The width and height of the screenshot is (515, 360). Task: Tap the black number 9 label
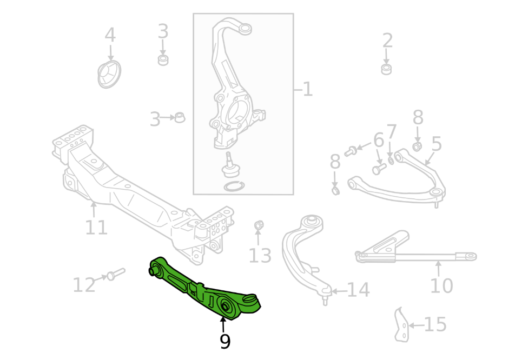tap(225, 342)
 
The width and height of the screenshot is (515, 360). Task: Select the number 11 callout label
tap(96, 228)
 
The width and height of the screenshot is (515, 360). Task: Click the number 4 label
tap(110, 36)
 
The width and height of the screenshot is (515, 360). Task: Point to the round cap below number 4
tap(109, 75)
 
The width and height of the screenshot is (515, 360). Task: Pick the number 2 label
tap(387, 41)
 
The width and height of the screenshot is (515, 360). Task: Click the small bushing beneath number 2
tap(386, 69)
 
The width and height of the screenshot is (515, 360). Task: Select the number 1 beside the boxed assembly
tap(307, 89)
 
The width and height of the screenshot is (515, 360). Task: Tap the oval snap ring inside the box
tap(233, 187)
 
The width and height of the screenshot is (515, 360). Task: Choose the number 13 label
tap(260, 255)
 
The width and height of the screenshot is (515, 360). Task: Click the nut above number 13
tap(258, 224)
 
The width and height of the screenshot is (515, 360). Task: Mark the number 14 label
tap(358, 290)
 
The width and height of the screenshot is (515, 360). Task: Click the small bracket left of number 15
tap(401, 325)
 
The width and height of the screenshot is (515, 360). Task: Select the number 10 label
tap(441, 285)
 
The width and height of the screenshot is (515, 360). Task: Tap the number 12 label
tap(84, 285)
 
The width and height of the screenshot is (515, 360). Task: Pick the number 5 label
tap(436, 144)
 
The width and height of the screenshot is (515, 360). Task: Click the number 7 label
tap(392, 132)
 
